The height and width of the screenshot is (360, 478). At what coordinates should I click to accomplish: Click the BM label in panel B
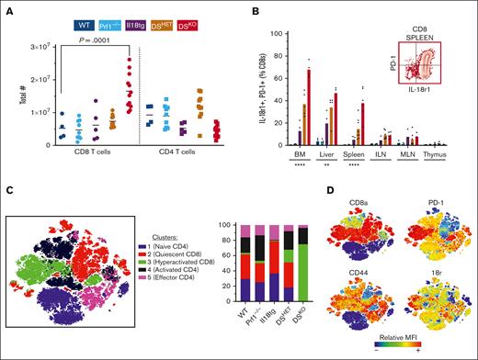click(299, 155)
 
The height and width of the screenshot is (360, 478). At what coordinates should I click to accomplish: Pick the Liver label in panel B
click(327, 155)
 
